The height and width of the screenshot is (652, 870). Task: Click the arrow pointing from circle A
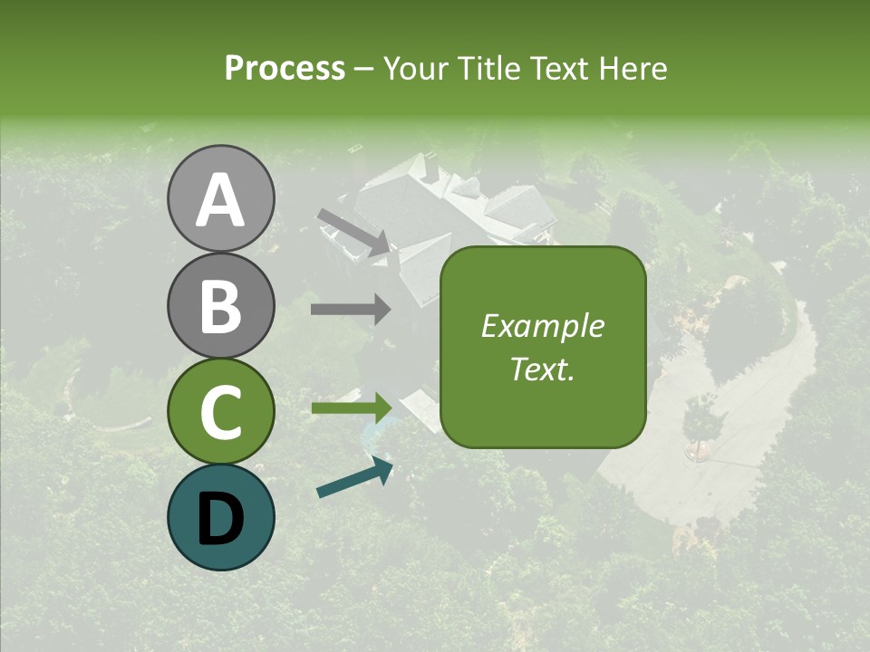(x=353, y=232)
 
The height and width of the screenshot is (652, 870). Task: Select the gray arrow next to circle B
(x=351, y=310)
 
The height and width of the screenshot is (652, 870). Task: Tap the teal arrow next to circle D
(x=354, y=477)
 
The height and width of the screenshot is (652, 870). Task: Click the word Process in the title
(x=285, y=69)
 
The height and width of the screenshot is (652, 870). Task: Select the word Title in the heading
(x=484, y=69)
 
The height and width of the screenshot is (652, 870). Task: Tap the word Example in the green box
(x=543, y=326)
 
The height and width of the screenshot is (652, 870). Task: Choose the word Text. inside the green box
(x=543, y=369)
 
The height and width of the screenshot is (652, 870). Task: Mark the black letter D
(x=220, y=518)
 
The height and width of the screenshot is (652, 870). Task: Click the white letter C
(x=220, y=412)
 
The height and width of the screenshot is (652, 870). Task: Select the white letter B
(x=220, y=306)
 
